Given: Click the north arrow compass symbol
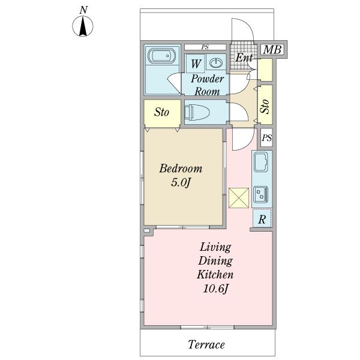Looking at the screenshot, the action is (x=83, y=25).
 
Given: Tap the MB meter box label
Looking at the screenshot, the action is (x=272, y=50).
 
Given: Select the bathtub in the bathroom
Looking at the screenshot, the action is (x=162, y=56).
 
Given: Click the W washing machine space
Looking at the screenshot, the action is (x=196, y=63).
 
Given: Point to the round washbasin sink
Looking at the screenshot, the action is (x=216, y=62).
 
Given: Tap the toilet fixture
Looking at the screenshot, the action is (x=197, y=112).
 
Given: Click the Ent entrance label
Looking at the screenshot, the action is (x=244, y=57).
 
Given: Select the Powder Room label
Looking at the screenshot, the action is (x=208, y=85).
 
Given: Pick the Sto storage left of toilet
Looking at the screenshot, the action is (x=161, y=112).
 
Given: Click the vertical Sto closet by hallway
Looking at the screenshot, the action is (x=265, y=105).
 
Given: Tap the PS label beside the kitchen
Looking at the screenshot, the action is (x=267, y=138).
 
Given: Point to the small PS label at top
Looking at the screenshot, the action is (x=205, y=47).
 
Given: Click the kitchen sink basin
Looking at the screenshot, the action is (x=261, y=162).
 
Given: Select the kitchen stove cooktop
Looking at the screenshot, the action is (x=261, y=194).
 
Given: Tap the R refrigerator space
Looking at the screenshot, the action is (x=262, y=218).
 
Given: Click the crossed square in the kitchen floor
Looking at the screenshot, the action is (x=239, y=198).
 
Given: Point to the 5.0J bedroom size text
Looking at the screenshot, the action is (x=181, y=183).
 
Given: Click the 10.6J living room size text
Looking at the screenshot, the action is (x=215, y=289).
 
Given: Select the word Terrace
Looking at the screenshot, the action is (x=206, y=344).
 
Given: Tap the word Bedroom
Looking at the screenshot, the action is (x=181, y=168).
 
